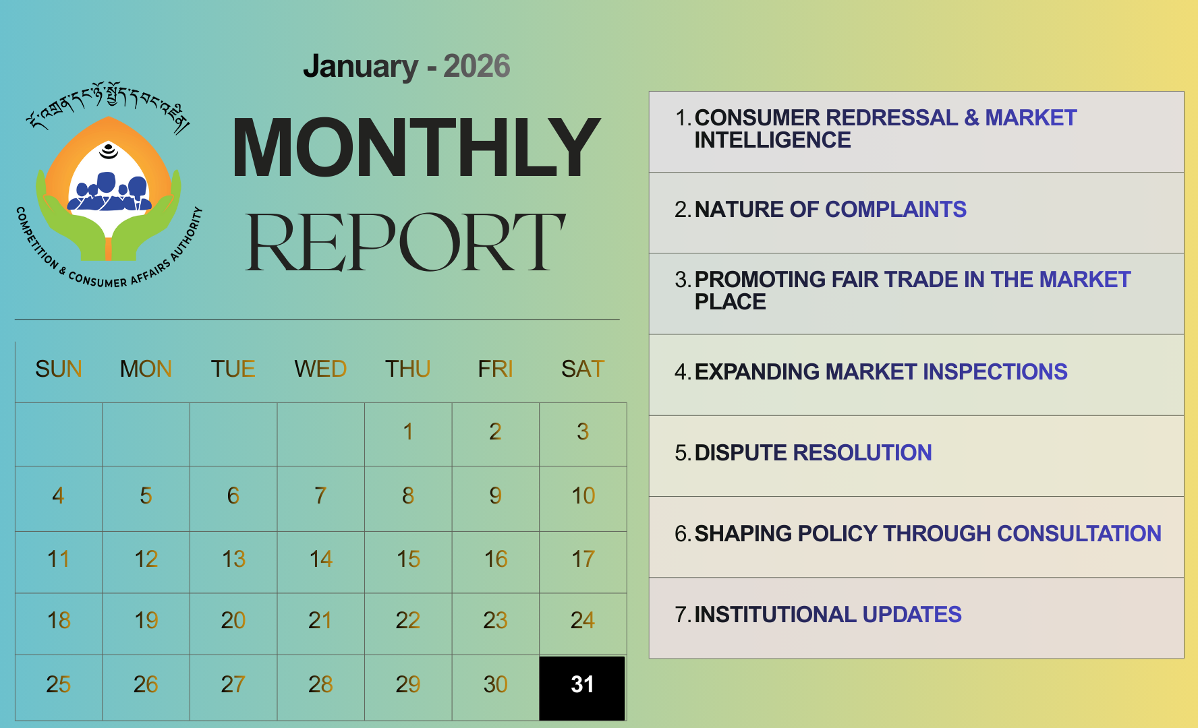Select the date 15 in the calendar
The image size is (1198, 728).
[408, 559]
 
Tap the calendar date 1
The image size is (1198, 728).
[408, 431]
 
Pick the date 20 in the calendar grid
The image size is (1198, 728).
[233, 620]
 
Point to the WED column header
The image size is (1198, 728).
[320, 369]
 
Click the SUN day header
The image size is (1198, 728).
[59, 369]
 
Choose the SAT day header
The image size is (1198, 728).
[583, 369]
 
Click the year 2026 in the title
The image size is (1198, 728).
[477, 66]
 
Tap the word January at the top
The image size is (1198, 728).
[360, 66]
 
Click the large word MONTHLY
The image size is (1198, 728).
[416, 147]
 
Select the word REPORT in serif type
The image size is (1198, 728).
[405, 242]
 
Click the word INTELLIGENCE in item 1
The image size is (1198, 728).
[772, 140]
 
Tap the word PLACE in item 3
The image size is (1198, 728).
[730, 301]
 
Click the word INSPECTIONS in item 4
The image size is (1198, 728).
[995, 371]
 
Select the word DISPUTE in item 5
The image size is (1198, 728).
[741, 452]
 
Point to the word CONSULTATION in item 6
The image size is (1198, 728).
[1079, 533]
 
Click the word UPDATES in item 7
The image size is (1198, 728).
[912, 614]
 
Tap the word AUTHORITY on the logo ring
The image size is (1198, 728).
[186, 234]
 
